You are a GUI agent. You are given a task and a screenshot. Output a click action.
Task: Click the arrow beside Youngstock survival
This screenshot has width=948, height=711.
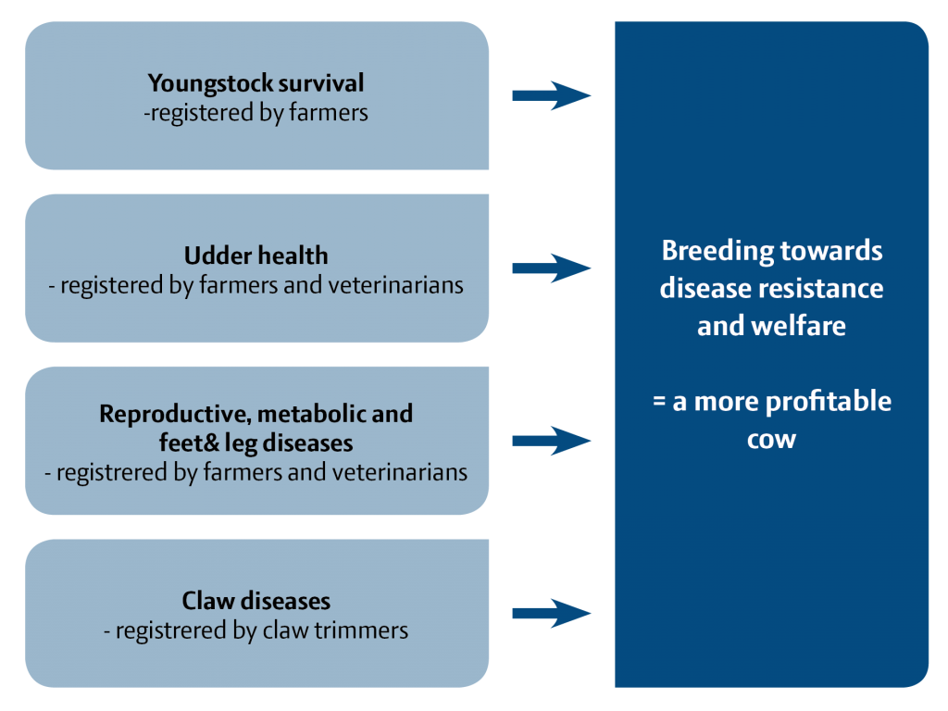552,95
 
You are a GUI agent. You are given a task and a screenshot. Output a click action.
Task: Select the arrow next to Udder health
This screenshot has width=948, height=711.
552,268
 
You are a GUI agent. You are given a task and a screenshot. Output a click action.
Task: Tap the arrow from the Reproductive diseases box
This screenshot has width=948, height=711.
552,441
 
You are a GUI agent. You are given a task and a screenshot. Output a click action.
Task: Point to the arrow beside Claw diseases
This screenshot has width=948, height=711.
552,613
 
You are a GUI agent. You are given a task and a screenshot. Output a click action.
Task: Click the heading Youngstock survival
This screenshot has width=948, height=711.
256,83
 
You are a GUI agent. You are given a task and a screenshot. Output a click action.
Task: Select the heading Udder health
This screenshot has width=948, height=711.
256,256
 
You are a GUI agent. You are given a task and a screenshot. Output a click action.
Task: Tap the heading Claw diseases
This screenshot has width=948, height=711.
256,601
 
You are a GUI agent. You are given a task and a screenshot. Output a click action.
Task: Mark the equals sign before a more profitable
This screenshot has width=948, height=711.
660,403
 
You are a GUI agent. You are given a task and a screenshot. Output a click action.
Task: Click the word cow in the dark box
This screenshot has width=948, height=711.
771,439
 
